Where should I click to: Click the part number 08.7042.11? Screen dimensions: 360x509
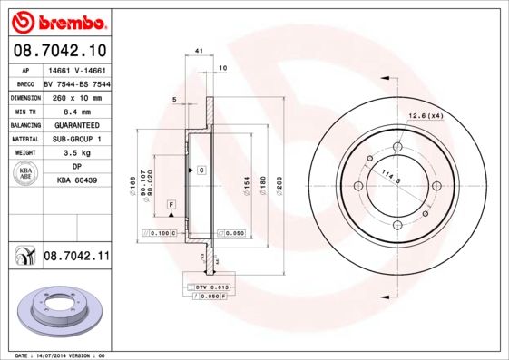pyautogui.click(x=76, y=258)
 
